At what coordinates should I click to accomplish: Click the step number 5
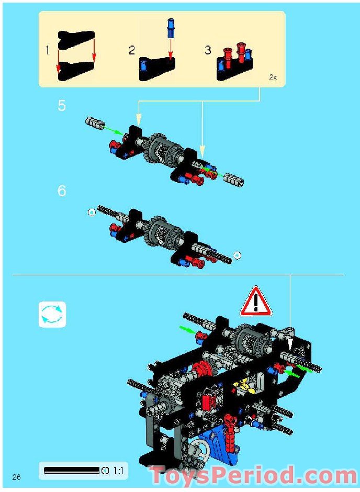(62, 106)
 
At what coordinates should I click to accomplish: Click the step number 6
(62, 191)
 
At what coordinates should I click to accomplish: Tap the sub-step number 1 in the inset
(48, 51)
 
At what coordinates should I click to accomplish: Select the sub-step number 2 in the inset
(132, 51)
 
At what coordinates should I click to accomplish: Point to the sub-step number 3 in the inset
(208, 50)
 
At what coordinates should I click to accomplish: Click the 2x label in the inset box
(273, 77)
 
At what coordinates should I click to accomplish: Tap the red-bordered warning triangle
(256, 301)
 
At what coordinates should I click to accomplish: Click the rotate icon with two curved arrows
(52, 314)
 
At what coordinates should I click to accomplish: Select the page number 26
(16, 477)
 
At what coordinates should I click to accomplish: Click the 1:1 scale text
(118, 471)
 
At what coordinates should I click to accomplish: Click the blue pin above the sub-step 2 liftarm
(171, 28)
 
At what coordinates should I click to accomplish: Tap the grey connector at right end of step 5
(233, 181)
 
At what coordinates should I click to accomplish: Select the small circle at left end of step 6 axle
(92, 213)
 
